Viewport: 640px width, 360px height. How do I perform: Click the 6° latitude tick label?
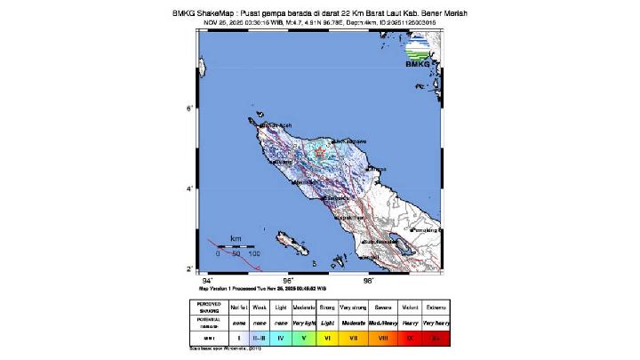click(188, 108)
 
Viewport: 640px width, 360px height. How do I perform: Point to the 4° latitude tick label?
click(188, 188)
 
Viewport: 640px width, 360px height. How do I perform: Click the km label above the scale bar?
click(236, 239)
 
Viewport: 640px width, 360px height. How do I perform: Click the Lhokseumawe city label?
click(348, 140)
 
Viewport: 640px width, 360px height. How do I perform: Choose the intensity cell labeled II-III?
click(260, 338)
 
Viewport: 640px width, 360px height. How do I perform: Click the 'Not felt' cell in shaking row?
click(238, 307)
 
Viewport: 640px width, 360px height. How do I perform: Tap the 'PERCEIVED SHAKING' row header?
click(205, 307)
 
